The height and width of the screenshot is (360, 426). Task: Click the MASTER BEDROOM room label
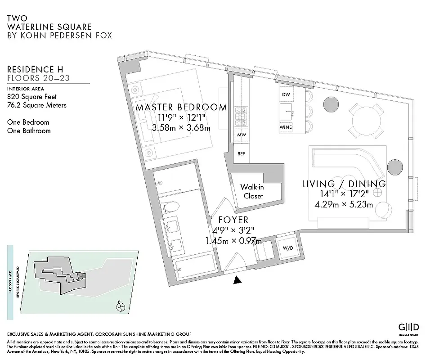[181, 108]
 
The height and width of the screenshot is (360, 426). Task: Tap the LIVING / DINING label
[344, 184]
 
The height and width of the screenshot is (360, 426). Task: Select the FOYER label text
[233, 220]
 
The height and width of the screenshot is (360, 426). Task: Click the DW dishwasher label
[286, 94]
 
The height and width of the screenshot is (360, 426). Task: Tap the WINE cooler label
[286, 127]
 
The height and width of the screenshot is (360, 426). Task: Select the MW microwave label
[241, 135]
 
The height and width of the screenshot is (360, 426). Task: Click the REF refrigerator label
[241, 154]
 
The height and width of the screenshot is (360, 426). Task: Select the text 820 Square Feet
[32, 96]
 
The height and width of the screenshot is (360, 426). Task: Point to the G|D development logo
[409, 327]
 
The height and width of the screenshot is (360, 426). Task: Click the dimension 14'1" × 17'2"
[344, 194]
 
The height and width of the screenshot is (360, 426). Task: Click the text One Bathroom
[29, 131]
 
